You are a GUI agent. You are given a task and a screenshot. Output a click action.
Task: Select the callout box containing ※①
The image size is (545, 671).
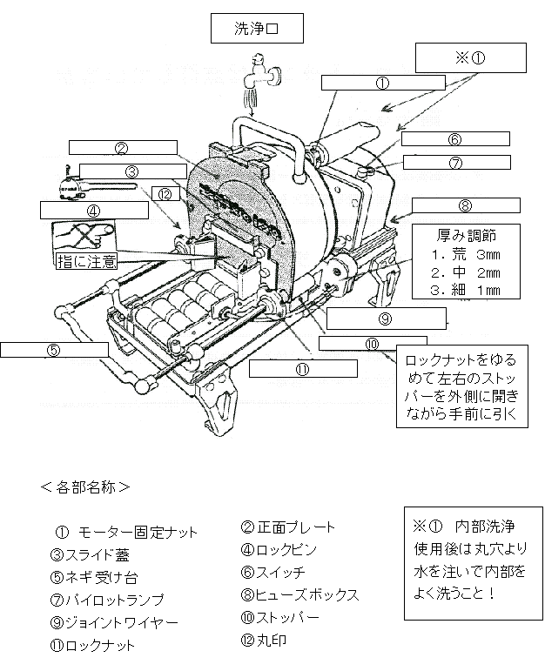[470, 59]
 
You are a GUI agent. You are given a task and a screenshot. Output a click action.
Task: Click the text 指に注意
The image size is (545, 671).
[82, 259]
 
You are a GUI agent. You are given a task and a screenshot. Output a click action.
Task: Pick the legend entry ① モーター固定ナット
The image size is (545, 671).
[125, 532]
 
